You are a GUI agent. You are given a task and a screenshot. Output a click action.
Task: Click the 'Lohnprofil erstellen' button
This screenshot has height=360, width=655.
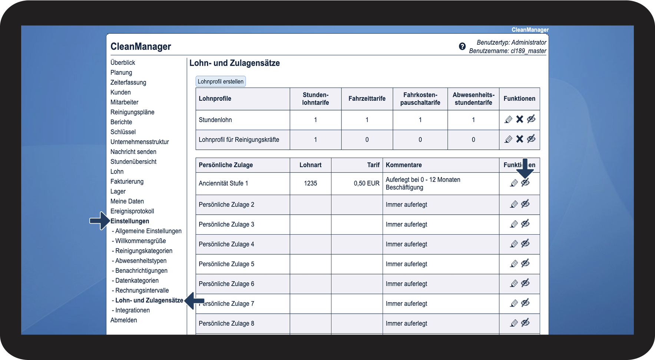pyautogui.click(x=221, y=82)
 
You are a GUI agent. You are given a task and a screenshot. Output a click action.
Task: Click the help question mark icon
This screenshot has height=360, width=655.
pyautogui.click(x=462, y=46)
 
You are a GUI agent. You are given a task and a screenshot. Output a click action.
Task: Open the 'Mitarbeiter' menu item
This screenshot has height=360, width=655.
pyautogui.click(x=124, y=102)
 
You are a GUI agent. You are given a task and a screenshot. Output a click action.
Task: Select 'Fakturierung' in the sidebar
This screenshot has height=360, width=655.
pyautogui.click(x=127, y=182)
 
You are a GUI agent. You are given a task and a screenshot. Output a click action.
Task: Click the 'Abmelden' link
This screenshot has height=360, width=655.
pyautogui.click(x=123, y=320)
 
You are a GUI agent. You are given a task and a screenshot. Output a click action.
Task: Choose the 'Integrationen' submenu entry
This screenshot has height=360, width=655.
pyautogui.click(x=132, y=310)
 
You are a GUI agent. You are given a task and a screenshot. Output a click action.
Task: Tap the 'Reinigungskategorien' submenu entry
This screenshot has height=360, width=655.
pyautogui.click(x=143, y=251)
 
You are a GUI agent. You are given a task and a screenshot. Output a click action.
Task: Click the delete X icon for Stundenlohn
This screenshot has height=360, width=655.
pyautogui.click(x=520, y=119)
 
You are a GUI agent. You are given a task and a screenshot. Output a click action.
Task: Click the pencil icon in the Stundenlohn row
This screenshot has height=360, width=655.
pyautogui.click(x=509, y=119)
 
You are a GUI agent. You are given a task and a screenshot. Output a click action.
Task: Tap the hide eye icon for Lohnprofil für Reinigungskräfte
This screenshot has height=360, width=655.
pyautogui.click(x=531, y=139)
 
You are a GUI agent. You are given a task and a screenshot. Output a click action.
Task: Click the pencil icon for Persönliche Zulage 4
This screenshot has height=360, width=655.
pyautogui.click(x=514, y=244)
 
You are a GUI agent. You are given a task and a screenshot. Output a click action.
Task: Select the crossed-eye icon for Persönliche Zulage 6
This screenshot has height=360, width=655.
pyautogui.click(x=525, y=284)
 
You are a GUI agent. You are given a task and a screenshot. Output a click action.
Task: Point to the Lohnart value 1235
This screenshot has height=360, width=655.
pyautogui.click(x=310, y=184)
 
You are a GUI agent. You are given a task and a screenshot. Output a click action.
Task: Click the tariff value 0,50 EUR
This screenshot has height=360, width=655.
pyautogui.click(x=366, y=184)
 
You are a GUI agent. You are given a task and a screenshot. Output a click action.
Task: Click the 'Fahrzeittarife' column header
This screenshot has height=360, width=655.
pyautogui.click(x=367, y=99)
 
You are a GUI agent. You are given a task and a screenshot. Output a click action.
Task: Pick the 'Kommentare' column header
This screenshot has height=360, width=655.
pyautogui.click(x=404, y=165)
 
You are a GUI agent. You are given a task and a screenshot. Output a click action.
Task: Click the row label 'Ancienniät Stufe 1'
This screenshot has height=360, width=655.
pyautogui.click(x=223, y=184)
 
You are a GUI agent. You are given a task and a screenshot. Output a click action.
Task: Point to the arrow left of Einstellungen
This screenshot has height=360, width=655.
pyautogui.click(x=99, y=221)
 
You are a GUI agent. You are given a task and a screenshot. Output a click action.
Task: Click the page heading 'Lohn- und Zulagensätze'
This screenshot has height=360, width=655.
pyautogui.click(x=234, y=63)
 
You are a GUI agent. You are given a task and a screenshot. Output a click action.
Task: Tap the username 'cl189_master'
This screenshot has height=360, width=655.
pyautogui.click(x=528, y=51)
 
